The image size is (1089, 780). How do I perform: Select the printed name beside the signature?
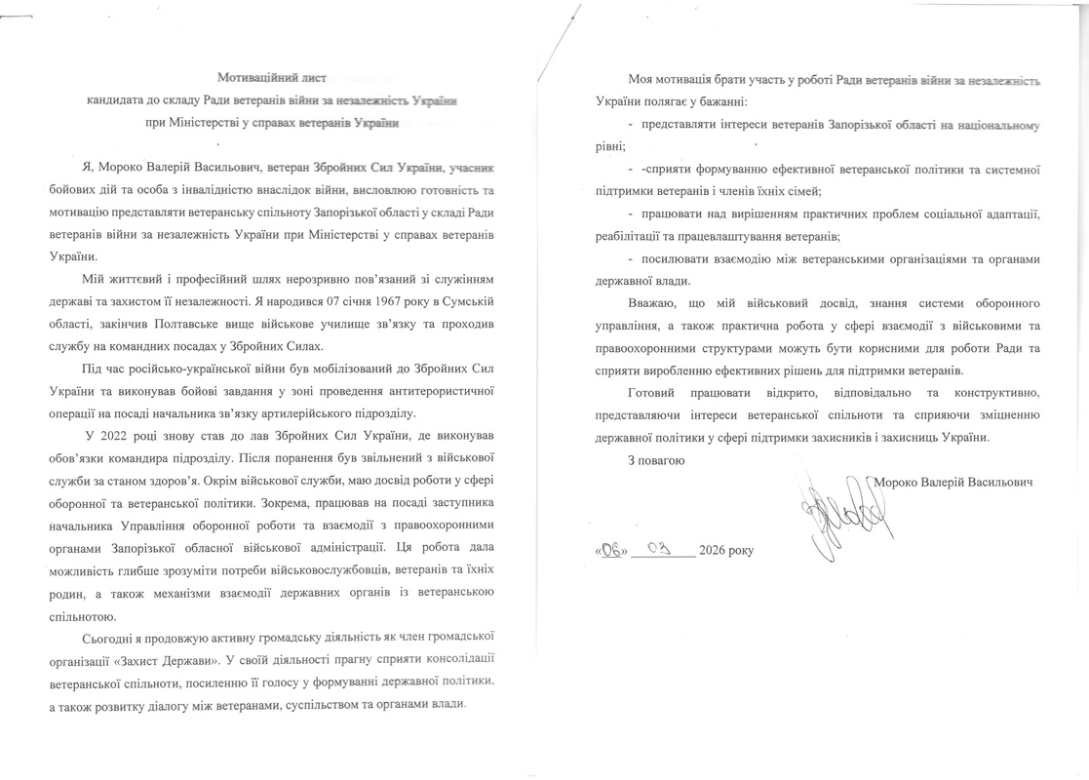953,482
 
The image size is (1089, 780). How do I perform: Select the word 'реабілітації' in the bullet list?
633,235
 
